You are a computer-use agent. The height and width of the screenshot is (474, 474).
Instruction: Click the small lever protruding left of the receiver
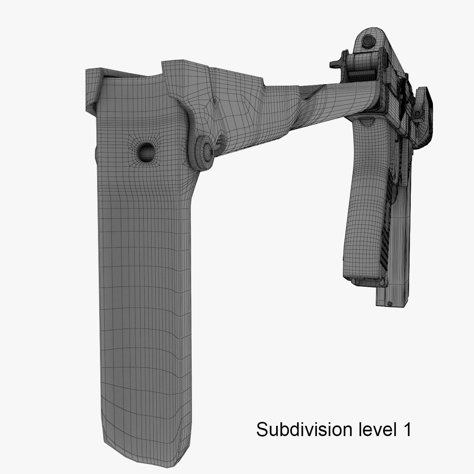[x=336, y=63]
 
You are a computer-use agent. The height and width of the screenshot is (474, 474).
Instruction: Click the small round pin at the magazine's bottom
[x=390, y=303]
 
